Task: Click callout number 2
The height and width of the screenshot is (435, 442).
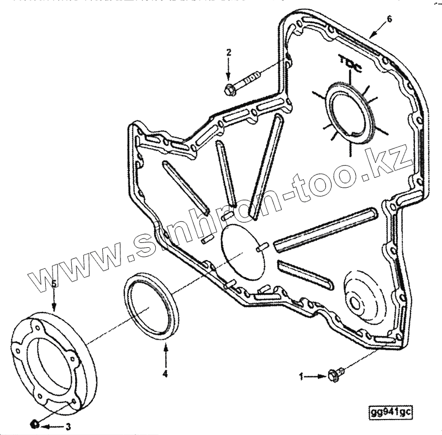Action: (x=229, y=52)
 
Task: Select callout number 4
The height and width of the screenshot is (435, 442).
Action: (x=165, y=374)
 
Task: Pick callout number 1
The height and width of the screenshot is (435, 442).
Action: (x=302, y=376)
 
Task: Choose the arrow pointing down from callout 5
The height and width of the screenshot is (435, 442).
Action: (x=54, y=301)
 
